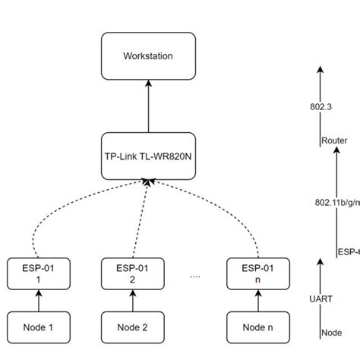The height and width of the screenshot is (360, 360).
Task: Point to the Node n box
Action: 258,328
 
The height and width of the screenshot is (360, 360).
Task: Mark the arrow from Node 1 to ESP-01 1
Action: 36,301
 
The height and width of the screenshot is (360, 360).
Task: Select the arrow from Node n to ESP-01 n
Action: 258,301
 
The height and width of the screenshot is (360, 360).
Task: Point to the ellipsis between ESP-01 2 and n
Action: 194,276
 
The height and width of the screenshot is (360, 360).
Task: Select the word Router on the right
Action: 334,141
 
